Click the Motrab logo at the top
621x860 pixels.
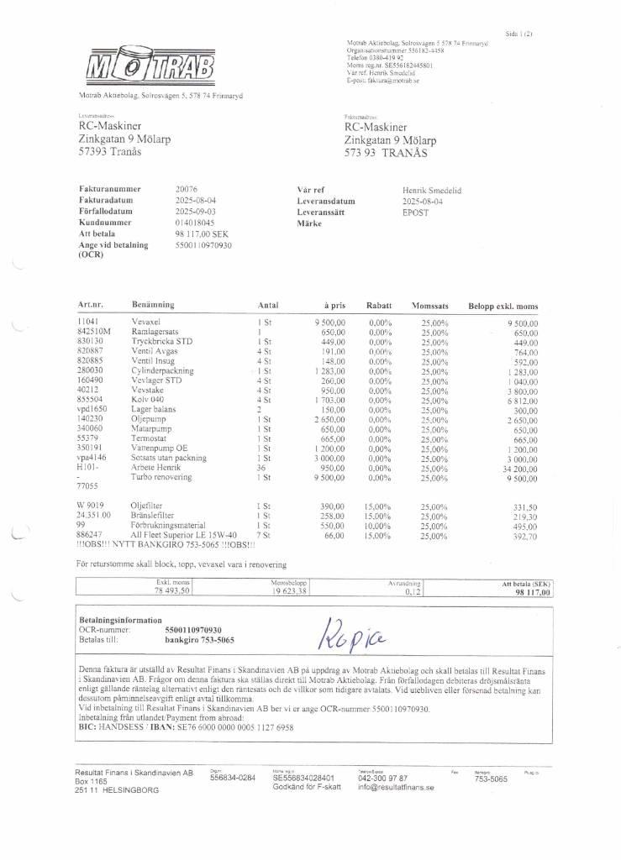coord(150,66)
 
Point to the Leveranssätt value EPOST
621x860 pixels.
coord(415,212)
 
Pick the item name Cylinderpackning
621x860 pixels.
coord(162,370)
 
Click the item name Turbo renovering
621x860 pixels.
coord(161,477)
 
